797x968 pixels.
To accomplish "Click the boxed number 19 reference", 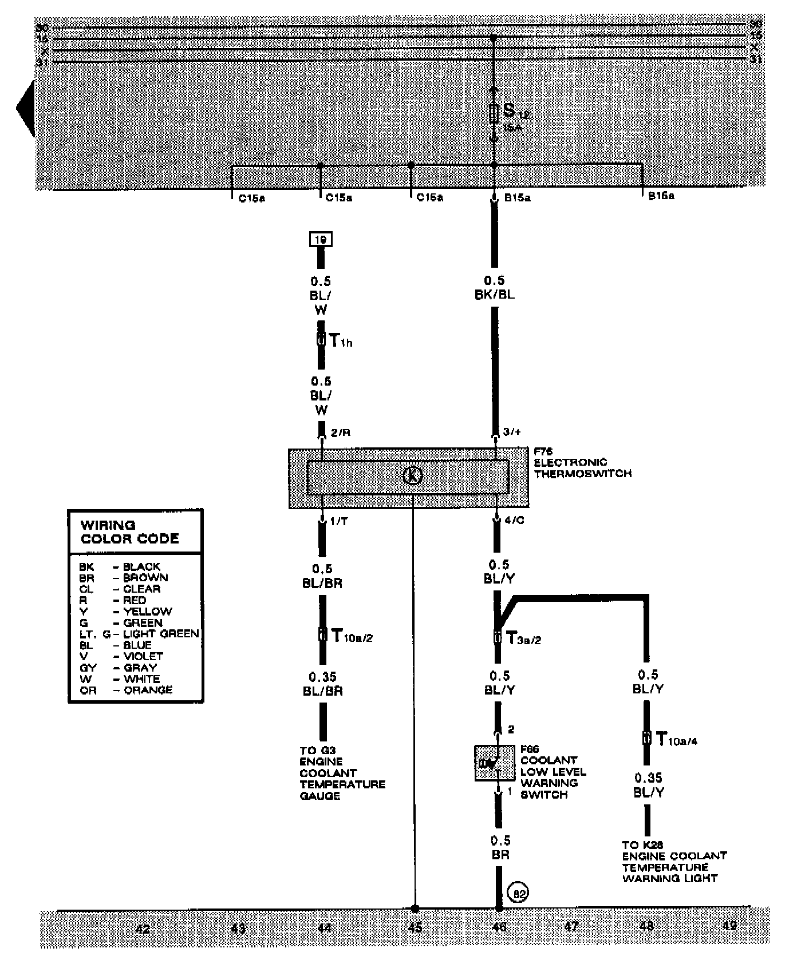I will point(321,239).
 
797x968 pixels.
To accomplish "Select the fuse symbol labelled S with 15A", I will point(494,113).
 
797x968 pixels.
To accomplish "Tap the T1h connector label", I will point(341,342).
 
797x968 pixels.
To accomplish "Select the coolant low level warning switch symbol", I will point(495,763).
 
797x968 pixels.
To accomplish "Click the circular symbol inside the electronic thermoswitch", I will point(413,475).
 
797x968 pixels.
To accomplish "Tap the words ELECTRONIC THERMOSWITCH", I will point(582,468).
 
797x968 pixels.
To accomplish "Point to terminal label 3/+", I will point(512,432).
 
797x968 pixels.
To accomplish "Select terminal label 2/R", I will point(340,433).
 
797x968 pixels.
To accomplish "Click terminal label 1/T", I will point(339,521).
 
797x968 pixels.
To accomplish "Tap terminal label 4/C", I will point(514,521).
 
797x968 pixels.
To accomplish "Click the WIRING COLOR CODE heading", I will point(129,531).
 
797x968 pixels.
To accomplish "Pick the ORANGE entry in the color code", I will point(148,690).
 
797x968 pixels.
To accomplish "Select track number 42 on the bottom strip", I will point(143,928).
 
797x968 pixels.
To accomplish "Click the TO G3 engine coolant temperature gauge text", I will point(341,772).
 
